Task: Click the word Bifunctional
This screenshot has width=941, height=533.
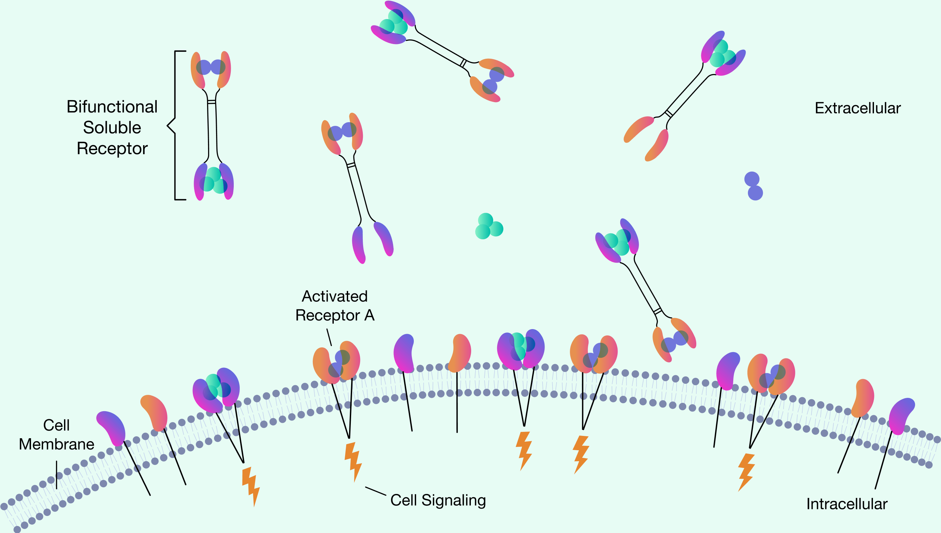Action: (x=112, y=107)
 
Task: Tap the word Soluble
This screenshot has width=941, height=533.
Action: (x=112, y=128)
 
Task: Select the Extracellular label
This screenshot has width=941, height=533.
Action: (x=858, y=108)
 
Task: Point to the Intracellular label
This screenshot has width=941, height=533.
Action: (x=847, y=504)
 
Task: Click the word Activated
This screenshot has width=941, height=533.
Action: (x=335, y=296)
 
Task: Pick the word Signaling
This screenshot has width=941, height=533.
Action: (x=453, y=501)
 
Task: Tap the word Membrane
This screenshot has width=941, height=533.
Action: (x=57, y=445)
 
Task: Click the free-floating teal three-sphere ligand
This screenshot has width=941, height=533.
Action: (x=489, y=226)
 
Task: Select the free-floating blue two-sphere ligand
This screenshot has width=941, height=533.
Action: (x=753, y=186)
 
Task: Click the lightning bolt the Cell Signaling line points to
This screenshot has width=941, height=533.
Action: (x=353, y=462)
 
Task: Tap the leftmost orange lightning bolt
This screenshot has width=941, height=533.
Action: (x=251, y=487)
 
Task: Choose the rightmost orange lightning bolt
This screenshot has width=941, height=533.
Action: (x=746, y=472)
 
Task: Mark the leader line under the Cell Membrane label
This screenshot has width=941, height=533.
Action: (x=57, y=475)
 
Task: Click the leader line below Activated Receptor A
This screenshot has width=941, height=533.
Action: (x=329, y=337)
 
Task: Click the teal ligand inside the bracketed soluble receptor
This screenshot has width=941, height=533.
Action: (x=214, y=180)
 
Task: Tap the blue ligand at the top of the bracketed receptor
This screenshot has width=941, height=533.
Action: (x=211, y=67)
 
